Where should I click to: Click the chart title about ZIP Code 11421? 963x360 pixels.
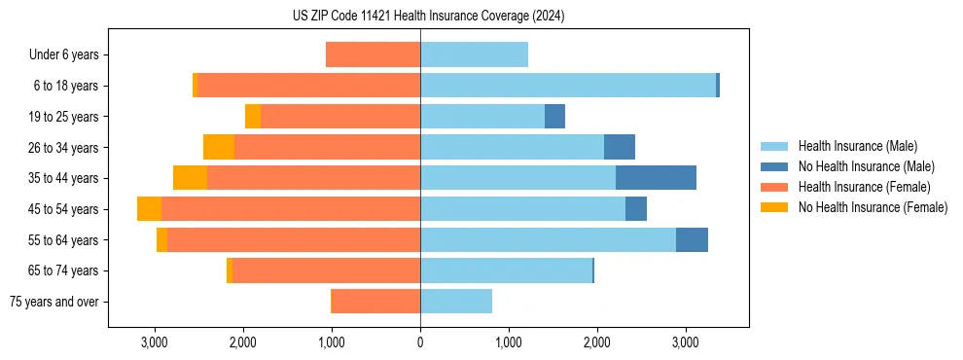[428, 17]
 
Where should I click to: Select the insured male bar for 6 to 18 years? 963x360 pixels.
[568, 86]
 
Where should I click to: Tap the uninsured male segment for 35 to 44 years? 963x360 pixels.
[656, 178]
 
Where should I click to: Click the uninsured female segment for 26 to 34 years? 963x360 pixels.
[219, 147]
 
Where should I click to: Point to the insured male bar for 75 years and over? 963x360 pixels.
[456, 302]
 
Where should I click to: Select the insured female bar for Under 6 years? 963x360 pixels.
[373, 54]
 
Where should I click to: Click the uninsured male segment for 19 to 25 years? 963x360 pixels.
[554, 117]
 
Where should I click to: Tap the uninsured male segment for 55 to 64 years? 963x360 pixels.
[692, 240]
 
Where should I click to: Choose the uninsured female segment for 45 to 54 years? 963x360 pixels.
[149, 209]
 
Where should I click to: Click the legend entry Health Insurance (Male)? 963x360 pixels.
[857, 146]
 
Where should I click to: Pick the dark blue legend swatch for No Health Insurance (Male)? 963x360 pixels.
[774, 166]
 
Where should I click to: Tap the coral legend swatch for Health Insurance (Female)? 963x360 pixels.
[774, 187]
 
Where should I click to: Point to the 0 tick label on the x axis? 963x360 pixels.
[420, 342]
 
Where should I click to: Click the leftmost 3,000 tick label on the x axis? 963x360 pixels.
[155, 342]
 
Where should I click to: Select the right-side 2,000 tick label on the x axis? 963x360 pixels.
[596, 342]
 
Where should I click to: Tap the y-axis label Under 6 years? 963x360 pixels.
[63, 54]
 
